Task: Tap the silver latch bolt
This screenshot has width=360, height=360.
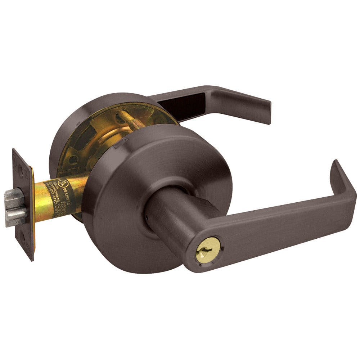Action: point(15,208)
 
